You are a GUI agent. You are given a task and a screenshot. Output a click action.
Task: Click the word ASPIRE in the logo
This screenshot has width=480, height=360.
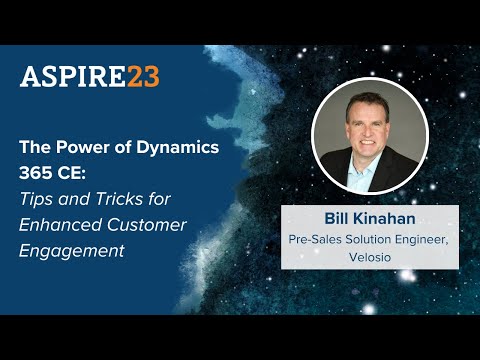[x=72, y=77]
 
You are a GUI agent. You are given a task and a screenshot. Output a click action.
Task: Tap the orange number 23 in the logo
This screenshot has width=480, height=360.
[x=142, y=77]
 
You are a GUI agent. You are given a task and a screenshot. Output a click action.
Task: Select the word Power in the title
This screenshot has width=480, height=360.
[x=79, y=145]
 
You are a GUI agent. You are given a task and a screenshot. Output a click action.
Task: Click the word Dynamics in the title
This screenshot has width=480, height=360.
[x=162, y=145]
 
